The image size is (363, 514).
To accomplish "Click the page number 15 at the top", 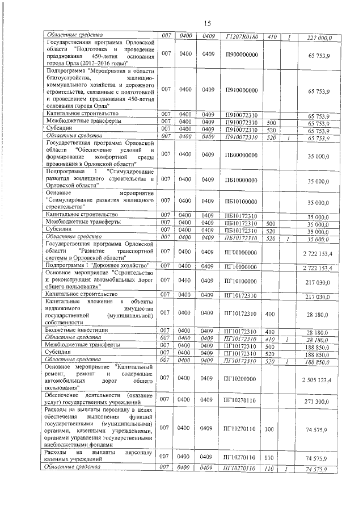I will pos(208,23).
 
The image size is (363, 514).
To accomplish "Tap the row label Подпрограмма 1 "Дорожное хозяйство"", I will pos(97,266).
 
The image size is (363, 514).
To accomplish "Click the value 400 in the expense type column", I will pos(270,313).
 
